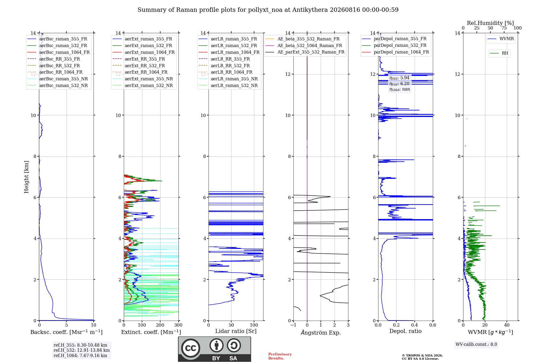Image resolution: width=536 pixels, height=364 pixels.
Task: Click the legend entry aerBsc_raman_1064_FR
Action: click(58, 52)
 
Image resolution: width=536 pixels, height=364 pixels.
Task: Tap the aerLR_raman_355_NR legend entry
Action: click(228, 79)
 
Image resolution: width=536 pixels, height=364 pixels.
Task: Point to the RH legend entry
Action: click(499, 53)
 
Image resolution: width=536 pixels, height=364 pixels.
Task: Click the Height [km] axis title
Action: click(26, 177)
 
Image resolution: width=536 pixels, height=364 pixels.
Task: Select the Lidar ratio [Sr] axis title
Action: click(236, 331)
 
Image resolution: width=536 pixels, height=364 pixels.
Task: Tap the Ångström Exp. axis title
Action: click(321, 332)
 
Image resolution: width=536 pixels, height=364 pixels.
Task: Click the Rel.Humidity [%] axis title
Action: click(490, 23)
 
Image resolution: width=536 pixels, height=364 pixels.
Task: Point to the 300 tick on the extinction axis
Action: click(178, 325)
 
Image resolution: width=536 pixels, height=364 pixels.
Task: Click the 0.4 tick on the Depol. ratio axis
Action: click(415, 325)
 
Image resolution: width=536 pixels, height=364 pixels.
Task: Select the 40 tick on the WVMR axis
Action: click(507, 325)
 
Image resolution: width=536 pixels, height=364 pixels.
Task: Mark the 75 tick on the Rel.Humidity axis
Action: click(504, 28)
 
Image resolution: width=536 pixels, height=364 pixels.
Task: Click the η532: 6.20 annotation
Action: click(399, 84)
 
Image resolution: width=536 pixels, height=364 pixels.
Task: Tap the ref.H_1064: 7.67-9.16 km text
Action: click(80, 355)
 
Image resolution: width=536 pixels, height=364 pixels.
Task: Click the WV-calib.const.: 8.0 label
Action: click(476, 344)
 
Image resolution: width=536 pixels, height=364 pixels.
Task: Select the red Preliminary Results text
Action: click(280, 356)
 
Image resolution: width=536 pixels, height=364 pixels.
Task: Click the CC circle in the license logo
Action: click(191, 348)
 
